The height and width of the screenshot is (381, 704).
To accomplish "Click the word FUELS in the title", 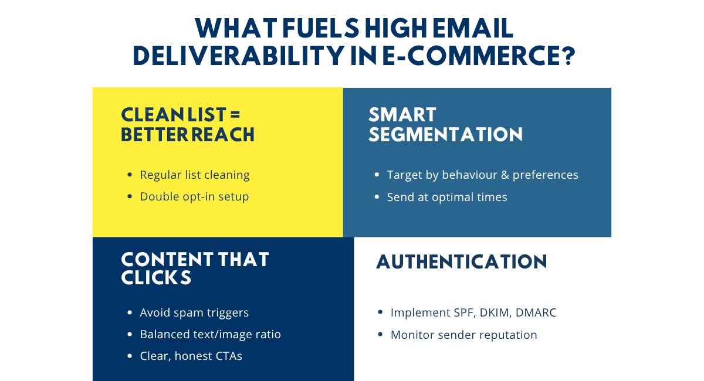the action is tap(320, 28).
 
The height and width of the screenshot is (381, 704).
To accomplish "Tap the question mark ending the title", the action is tap(568, 56).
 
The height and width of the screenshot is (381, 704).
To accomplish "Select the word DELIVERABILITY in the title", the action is tap(238, 56).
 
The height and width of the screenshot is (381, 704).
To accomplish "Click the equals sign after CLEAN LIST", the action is tap(235, 114).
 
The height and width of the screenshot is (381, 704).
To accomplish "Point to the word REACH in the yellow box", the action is tap(223, 134).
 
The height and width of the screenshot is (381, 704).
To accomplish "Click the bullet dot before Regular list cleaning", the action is tap(130, 175).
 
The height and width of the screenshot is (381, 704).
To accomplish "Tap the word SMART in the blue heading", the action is tap(402, 114).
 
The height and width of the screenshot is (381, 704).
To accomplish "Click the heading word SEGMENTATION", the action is tap(446, 134).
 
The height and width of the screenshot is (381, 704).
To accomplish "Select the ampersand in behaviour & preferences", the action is tap(505, 175).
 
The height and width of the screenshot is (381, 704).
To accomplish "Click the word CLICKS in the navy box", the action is tap(156, 278).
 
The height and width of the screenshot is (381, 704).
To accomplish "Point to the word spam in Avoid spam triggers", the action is tap(188, 313).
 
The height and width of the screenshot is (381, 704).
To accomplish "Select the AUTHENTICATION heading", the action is tap(462, 261).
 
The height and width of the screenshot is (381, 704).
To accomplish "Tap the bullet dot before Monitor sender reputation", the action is tap(380, 335).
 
